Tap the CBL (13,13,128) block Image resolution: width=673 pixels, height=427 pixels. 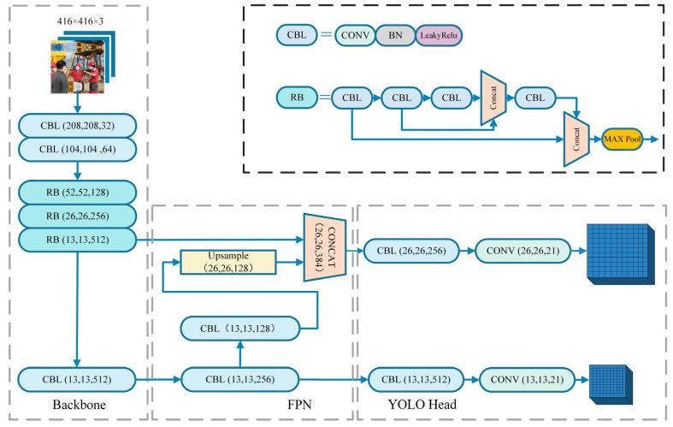pyautogui.click(x=240, y=327)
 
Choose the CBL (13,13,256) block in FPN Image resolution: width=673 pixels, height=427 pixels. pyautogui.click(x=240, y=376)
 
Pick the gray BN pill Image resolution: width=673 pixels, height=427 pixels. pyautogui.click(x=395, y=35)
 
